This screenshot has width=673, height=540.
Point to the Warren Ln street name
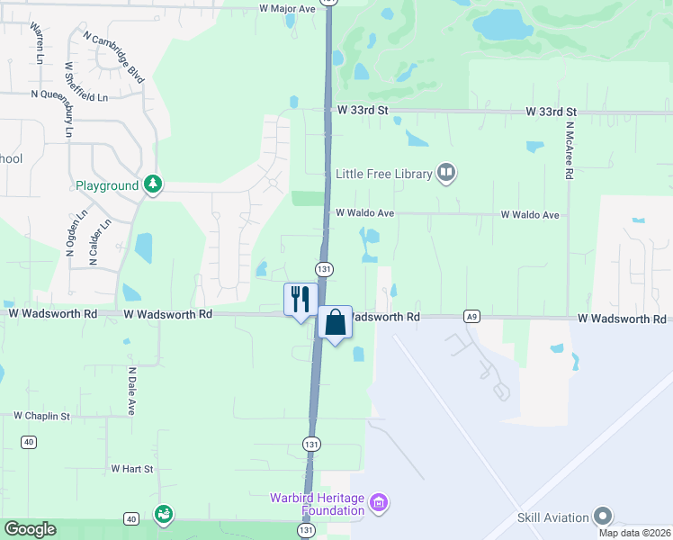tap(37, 43)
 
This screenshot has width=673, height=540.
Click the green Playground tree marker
tap(154, 184)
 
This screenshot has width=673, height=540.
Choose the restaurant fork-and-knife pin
tap(300, 299)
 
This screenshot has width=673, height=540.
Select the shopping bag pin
tap(335, 322)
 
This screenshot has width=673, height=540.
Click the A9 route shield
tap(471, 317)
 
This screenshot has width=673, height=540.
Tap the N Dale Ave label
tap(131, 390)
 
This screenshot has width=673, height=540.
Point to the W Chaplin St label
tap(41, 416)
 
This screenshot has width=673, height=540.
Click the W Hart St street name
tap(132, 469)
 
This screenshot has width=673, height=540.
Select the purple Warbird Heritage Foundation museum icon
tap(379, 502)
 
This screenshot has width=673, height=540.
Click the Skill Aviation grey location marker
tap(602, 517)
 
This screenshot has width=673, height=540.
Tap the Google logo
tap(30, 529)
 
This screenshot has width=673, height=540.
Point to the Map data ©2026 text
tap(635, 533)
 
